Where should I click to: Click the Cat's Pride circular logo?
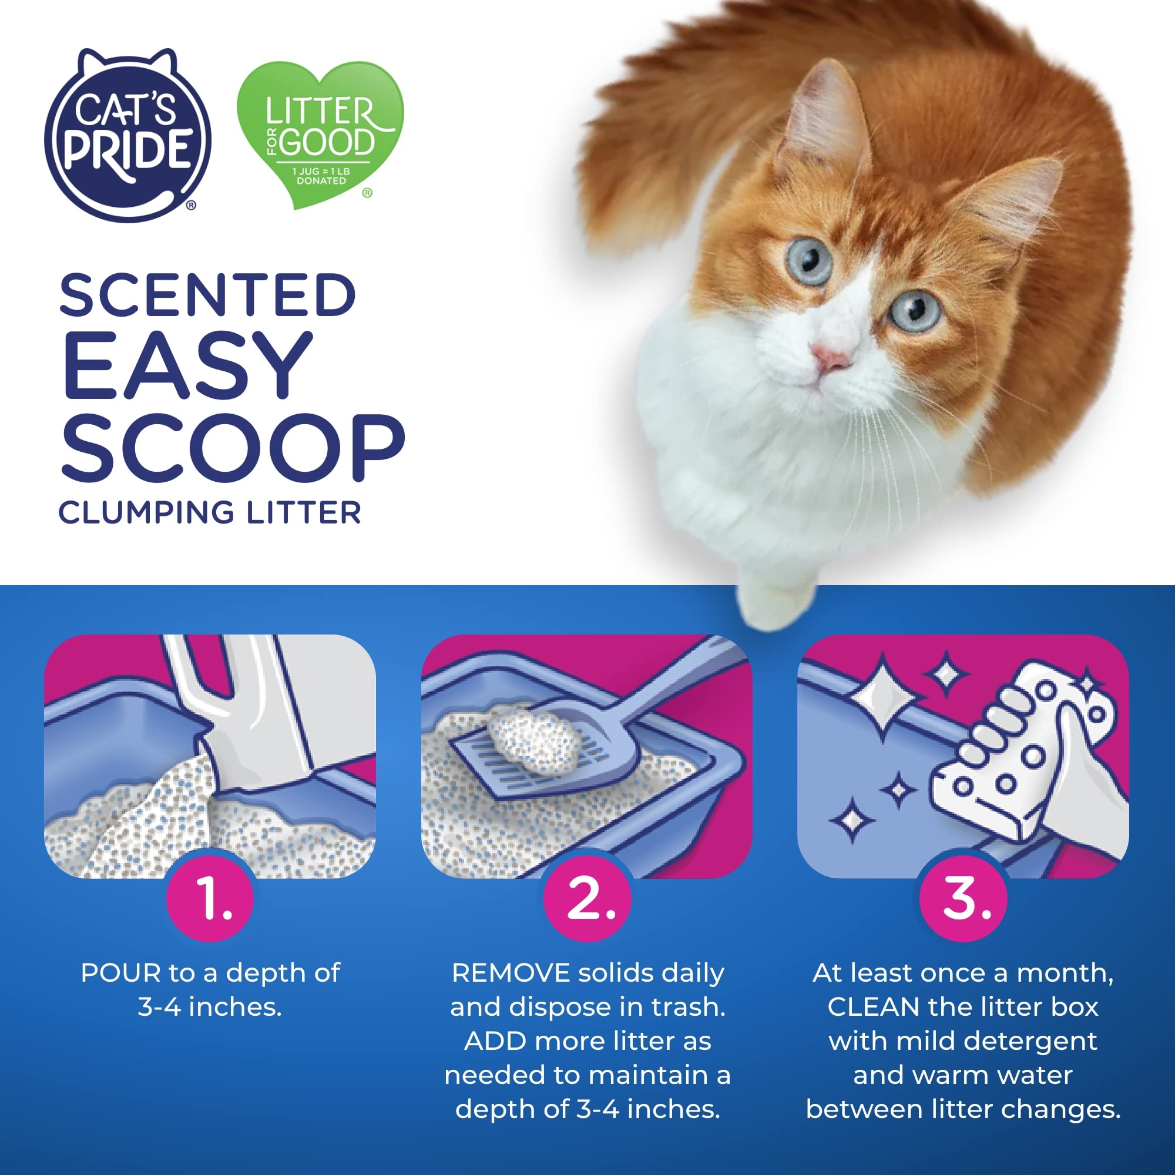point(127,136)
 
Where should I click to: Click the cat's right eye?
point(915,310)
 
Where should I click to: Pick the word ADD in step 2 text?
point(495,1041)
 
